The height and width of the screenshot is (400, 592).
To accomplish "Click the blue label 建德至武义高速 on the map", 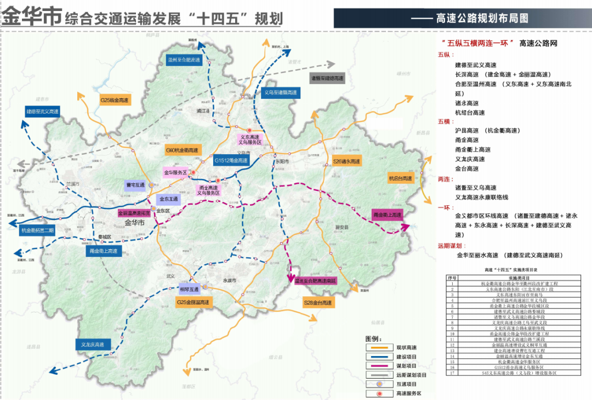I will coord(42,111).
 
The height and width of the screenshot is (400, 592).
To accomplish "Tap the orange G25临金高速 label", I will coord(114,100).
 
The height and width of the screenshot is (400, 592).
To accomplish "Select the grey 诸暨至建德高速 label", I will coord(327,78).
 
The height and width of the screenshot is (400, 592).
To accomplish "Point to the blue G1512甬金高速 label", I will coord(231,161).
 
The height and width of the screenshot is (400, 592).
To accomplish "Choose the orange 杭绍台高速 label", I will coord(400,178).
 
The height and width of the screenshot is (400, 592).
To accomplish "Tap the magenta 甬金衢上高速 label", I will coord(387,215).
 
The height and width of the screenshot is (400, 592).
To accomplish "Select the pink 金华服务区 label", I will coord(175,172).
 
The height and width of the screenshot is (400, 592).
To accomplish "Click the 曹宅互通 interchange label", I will coord(135,185).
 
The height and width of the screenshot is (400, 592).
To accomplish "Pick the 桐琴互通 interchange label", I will coord(189,289).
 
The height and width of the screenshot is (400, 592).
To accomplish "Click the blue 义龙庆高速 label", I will coord(93,345).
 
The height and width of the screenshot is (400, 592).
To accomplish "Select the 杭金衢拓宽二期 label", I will coord(37,230).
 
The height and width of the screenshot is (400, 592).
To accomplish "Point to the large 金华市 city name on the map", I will coord(134,223).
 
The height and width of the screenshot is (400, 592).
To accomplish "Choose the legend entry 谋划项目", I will coord(406,365).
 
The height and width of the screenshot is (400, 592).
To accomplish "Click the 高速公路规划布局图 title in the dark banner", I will coord(482,18).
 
